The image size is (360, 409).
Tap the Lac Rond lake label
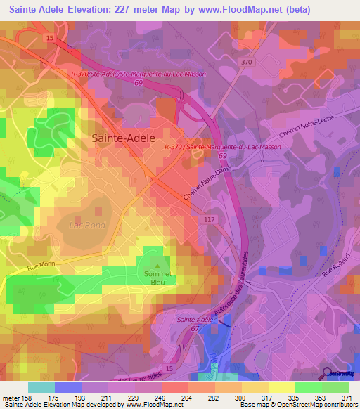click(x=85, y=226)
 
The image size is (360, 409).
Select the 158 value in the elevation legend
click(x=28, y=397)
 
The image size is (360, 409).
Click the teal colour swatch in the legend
click(x=41, y=387)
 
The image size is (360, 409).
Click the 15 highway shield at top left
click(x=49, y=36)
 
